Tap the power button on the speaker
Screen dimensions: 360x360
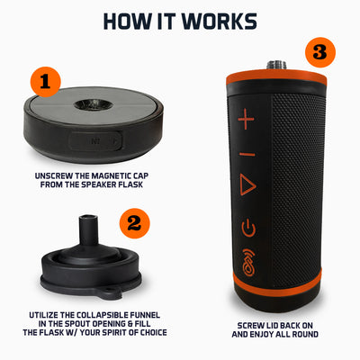(x=247, y=226)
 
